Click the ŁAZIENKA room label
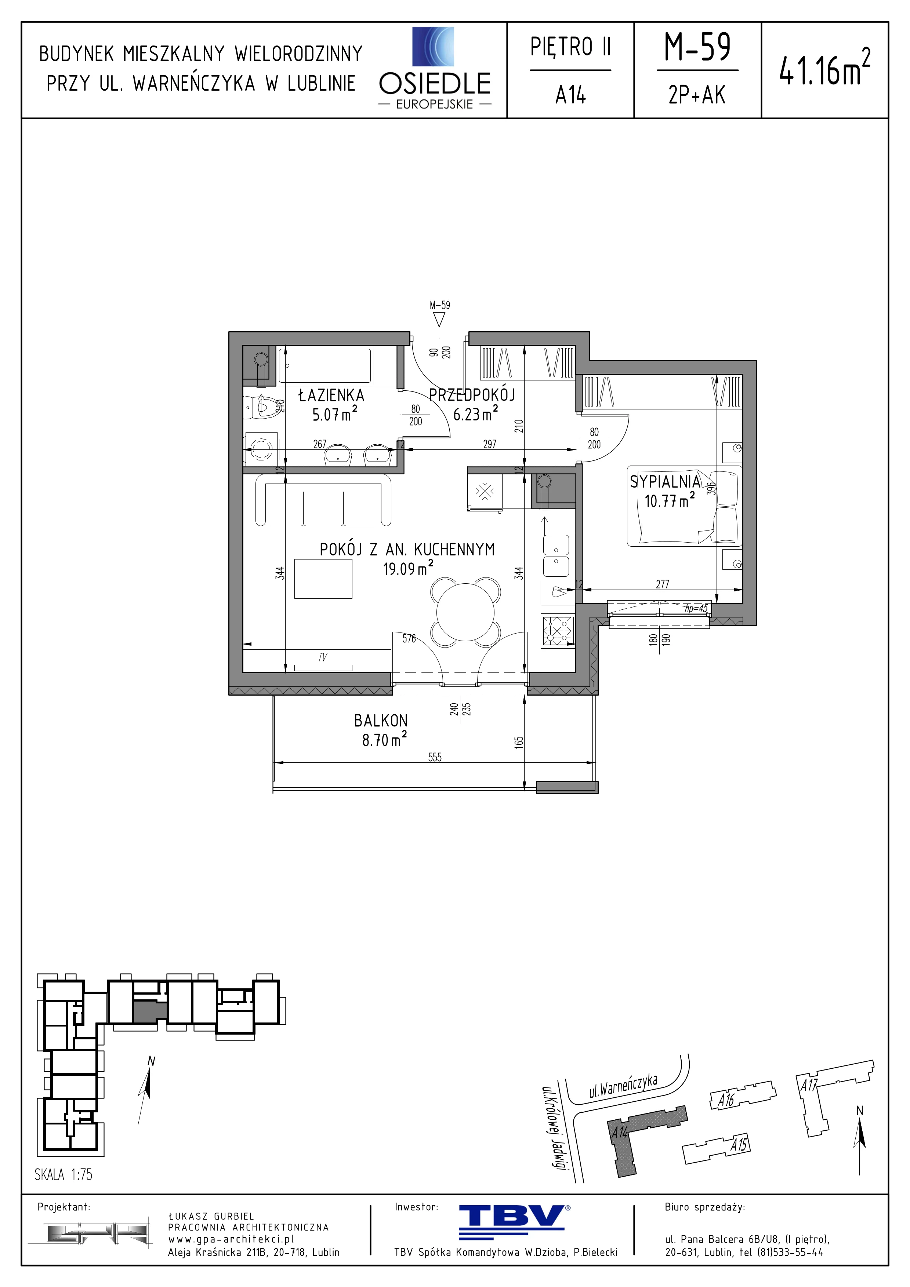tap(331, 395)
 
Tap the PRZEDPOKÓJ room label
tap(472, 395)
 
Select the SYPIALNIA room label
tap(665, 481)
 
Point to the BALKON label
tap(381, 720)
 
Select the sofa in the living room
tap(323, 500)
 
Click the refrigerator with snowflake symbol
tap(485, 492)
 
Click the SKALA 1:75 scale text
tap(64, 1174)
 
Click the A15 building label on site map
tap(739, 1144)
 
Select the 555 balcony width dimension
tap(435, 757)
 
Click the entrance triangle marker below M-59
tap(439, 320)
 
